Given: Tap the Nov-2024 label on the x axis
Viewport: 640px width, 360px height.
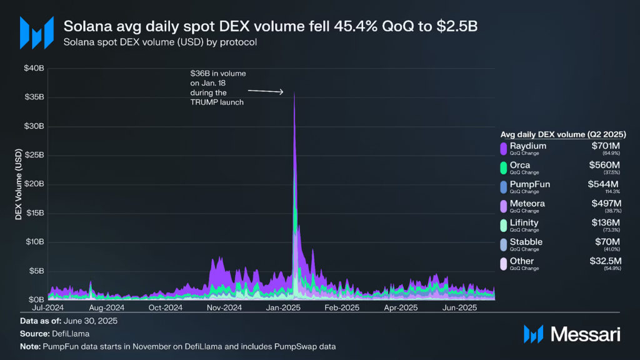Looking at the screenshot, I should click(224, 307).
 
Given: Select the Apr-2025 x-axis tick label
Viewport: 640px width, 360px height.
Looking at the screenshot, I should click(401, 307).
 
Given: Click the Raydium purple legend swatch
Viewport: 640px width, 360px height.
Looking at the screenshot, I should click(503, 148).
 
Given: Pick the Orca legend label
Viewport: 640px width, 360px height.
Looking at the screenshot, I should click(520, 165).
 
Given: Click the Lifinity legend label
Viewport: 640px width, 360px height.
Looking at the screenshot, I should click(524, 222).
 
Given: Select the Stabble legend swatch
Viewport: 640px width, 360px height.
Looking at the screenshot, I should click(503, 244).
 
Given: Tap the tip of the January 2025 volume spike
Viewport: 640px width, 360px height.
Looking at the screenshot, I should click(294, 92).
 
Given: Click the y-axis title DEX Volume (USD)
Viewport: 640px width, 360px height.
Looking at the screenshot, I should click(18, 184).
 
